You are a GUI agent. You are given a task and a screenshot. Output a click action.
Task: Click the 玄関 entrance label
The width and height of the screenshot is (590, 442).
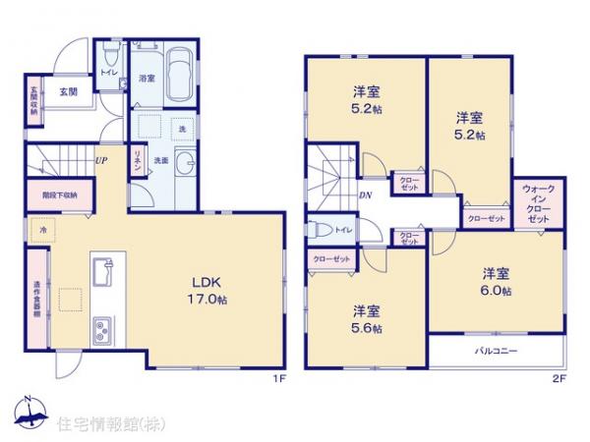[x=67, y=92]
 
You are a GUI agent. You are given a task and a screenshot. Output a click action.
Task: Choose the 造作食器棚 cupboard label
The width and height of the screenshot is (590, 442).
[x=36, y=299]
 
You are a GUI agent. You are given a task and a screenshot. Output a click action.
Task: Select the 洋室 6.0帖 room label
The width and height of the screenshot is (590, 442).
[x=497, y=282]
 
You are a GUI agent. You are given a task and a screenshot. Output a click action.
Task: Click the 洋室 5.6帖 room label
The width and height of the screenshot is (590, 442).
[x=368, y=319]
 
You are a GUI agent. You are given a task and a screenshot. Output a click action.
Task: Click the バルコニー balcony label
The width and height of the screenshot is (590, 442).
[x=496, y=350]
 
